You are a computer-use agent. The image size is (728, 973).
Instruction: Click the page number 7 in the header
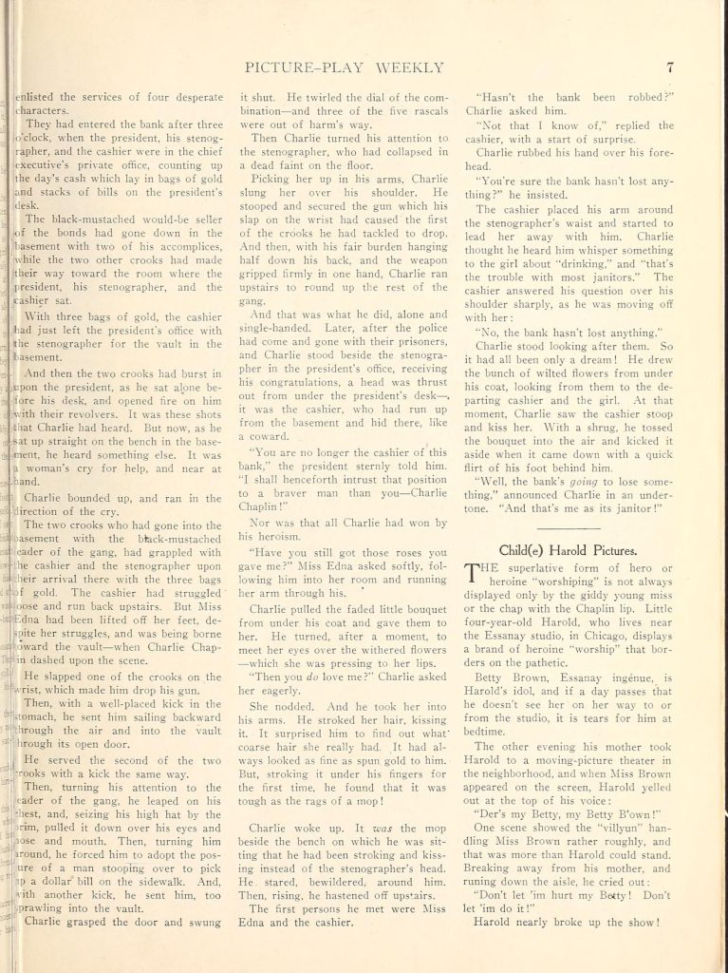[x=670, y=67]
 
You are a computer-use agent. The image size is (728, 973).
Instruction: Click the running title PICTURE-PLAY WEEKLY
[x=345, y=67]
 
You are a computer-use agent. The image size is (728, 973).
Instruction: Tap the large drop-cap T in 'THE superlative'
[x=471, y=573]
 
